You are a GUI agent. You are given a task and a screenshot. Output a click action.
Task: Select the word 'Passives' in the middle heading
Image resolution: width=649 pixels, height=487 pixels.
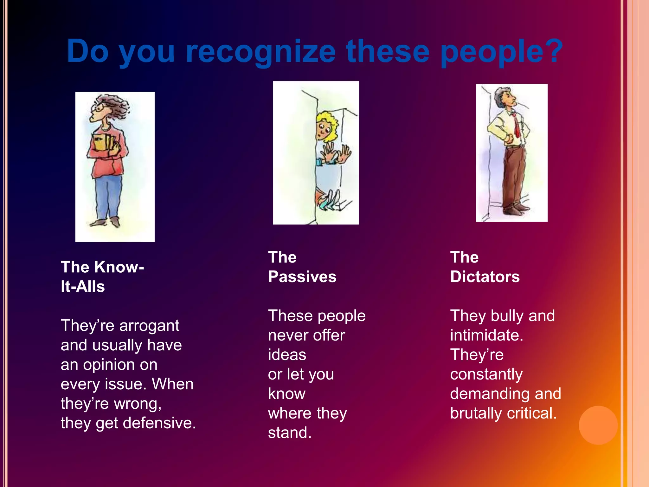[x=302, y=277]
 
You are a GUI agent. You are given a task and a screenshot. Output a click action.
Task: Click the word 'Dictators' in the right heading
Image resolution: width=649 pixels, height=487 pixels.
[x=485, y=277]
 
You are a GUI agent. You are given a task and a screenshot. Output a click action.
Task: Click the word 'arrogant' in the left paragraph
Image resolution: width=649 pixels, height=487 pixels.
[x=149, y=326]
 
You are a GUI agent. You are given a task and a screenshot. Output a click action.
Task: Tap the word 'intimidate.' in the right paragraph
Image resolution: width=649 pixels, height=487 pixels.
[x=486, y=335]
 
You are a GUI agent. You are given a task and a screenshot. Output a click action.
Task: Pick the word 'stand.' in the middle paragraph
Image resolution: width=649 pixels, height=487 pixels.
[x=290, y=433]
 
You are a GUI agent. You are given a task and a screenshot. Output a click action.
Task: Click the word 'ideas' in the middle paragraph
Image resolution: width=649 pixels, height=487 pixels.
[x=287, y=355]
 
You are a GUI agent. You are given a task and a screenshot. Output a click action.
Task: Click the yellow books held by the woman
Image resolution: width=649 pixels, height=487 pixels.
[x=102, y=143]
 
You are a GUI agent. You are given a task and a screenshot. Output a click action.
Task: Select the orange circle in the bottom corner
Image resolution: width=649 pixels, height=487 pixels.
[x=598, y=425]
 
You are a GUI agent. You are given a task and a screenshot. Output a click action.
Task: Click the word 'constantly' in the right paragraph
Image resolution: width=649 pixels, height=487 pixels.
[x=486, y=374]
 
